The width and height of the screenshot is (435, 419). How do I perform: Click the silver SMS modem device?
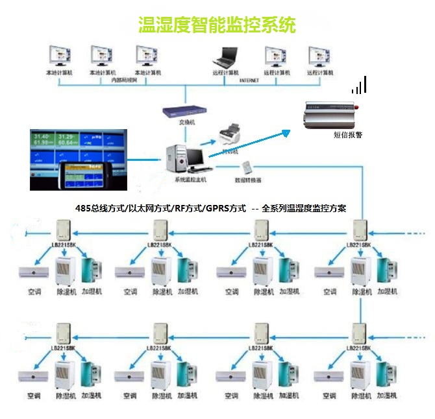[327, 115]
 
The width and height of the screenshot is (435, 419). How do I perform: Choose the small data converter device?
[249, 167]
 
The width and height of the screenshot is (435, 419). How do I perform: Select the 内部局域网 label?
[124, 80]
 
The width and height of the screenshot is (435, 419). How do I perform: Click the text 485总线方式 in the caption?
[99, 209]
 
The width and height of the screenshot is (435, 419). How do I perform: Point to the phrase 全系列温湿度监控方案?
[305, 209]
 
